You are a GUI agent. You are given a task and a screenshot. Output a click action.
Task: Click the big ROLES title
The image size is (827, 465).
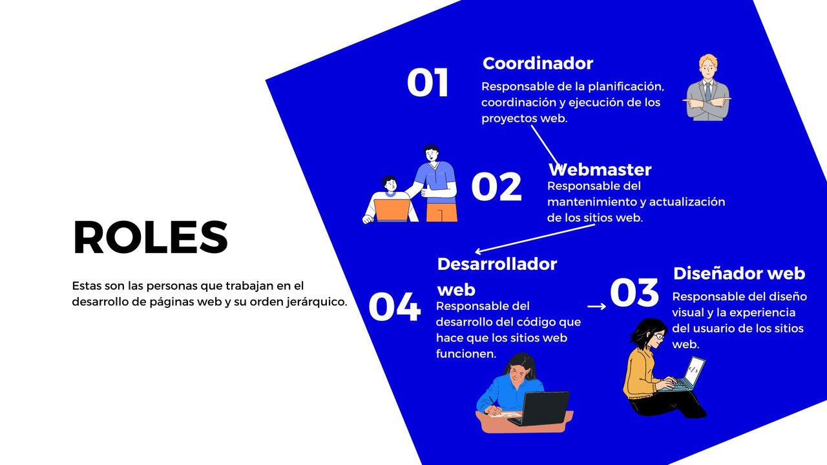[x=151, y=237]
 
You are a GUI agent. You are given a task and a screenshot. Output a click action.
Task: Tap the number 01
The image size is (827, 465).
[x=428, y=82]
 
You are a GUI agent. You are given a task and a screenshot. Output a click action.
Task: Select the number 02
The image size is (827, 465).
[x=497, y=187]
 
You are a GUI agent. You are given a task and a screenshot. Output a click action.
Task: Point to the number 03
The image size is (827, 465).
[x=634, y=293]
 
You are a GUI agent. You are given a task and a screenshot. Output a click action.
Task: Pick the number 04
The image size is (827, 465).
[x=395, y=307]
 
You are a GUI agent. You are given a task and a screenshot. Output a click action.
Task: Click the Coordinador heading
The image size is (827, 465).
[x=538, y=63]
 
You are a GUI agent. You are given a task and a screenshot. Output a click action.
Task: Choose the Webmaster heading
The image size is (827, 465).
[x=600, y=170]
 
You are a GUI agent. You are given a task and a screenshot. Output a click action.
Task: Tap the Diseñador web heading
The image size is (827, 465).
[x=739, y=273]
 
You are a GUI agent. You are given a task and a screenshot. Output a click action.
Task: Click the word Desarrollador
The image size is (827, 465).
[x=497, y=264]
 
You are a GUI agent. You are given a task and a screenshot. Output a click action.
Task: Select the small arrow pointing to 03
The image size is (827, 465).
[x=596, y=306]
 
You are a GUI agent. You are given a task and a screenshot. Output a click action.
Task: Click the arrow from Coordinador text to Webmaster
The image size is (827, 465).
[x=546, y=147]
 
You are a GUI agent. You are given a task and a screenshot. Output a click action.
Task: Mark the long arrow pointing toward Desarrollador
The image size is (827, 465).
[x=535, y=239]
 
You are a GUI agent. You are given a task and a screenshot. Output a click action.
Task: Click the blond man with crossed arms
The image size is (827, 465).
[x=707, y=88]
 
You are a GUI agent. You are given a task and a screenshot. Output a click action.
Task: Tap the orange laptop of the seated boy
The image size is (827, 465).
[x=392, y=211]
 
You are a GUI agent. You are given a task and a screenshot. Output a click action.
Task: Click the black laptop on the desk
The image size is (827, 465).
[x=539, y=408]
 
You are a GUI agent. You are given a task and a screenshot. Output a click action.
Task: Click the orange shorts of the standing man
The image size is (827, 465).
[x=441, y=212]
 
